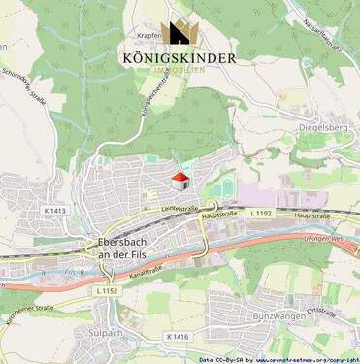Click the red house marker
coord(180,181)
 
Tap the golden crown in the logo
coord(180,33)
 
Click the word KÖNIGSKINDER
coord(180,57)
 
